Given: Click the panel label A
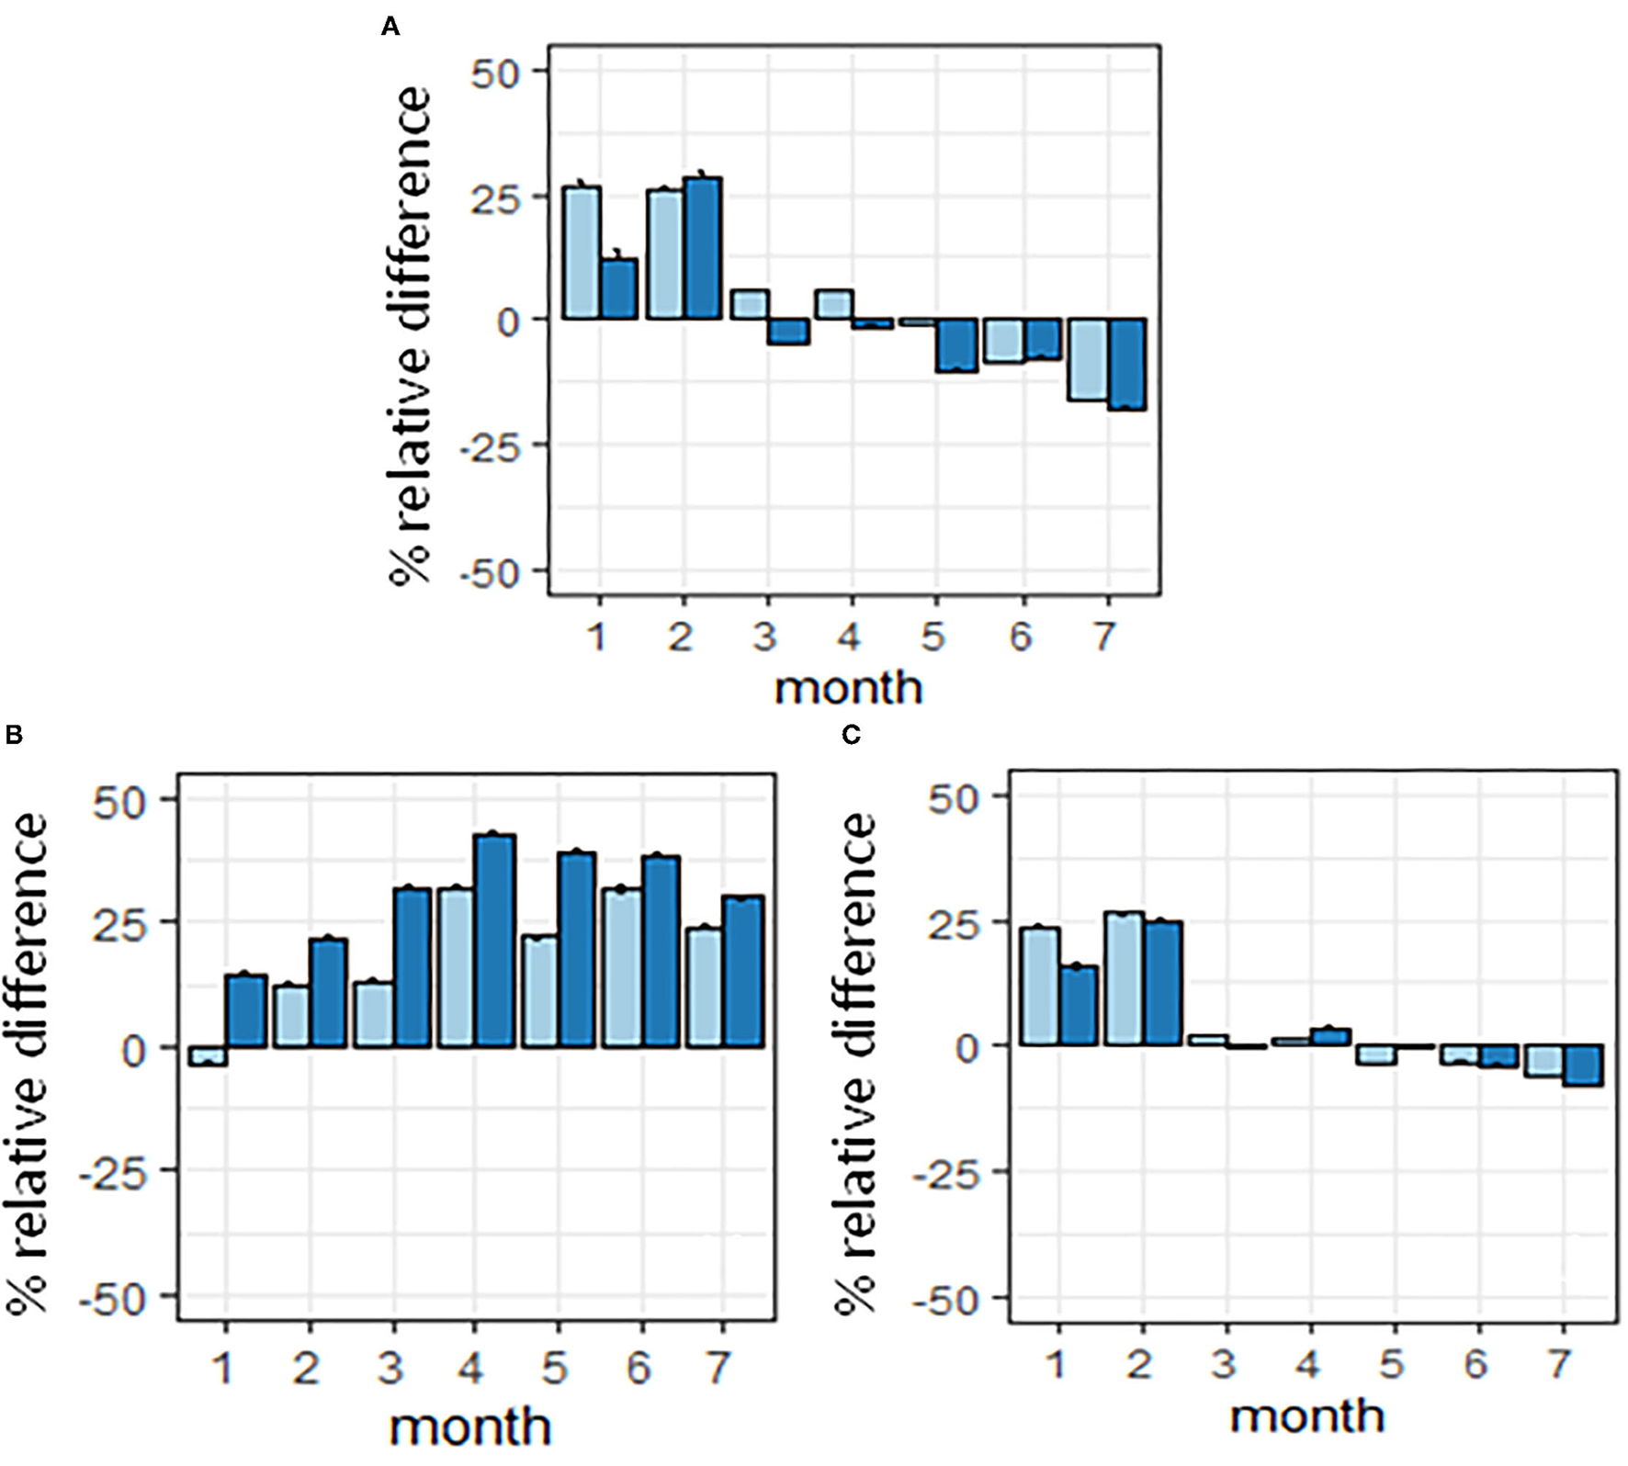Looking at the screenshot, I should coord(390,28).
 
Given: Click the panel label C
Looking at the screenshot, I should coord(851,736).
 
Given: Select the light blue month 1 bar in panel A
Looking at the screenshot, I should coord(582,254).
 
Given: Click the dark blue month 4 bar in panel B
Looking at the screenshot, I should coord(495,941).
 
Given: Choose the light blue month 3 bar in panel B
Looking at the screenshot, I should coord(374,1015).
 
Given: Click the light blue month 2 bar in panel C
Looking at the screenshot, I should coord(1124,979).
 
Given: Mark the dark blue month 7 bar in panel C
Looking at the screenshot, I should coord(1583,1066).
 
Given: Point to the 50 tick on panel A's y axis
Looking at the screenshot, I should coord(496,73).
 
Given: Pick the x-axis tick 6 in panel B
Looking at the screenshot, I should coord(637,1369).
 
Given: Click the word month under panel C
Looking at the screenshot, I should coord(1306,1415).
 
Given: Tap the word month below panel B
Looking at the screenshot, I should coord(469,1427).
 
